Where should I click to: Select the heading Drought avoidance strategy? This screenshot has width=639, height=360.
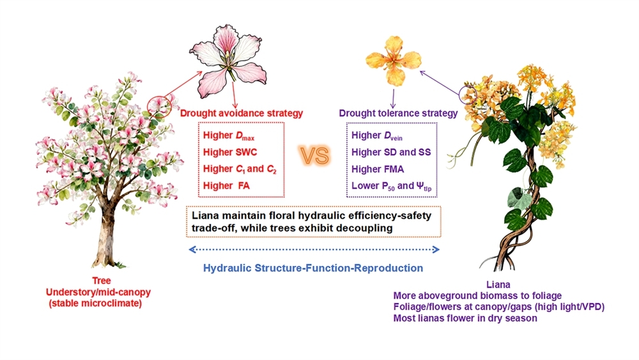241,113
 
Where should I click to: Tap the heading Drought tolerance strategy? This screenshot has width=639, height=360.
398,113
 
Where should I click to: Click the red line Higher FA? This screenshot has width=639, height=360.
228,185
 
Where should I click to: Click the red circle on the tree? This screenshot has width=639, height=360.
158,104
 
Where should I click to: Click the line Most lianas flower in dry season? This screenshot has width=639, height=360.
465,318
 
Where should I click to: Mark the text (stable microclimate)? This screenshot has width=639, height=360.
95,303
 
